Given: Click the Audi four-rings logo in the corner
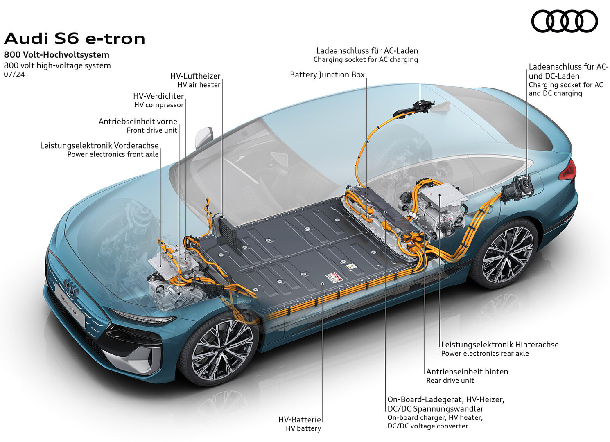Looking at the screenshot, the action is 564,21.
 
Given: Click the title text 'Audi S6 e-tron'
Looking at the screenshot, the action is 75,38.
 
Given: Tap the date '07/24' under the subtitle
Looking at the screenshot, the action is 14,74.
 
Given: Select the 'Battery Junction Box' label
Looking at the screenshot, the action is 327,75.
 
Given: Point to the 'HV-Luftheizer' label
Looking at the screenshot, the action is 195,76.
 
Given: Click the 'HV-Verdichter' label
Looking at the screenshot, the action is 158,96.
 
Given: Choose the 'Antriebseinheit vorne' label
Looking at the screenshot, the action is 138,122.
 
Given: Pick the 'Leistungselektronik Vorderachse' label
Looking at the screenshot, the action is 99,146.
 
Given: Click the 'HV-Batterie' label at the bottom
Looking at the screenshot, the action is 300,419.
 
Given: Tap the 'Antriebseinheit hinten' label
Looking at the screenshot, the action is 467,372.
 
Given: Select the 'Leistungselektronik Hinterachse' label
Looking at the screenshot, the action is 500,345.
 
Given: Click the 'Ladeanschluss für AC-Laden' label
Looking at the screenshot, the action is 367,51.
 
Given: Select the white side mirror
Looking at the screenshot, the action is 204,138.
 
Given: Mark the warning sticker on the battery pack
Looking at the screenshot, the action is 334,277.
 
